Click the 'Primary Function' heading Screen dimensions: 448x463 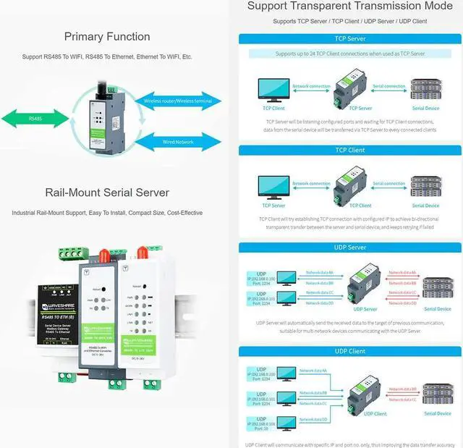pos(107,37)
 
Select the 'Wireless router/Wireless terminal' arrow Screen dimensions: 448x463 pos(177,102)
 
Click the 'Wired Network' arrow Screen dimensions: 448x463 pos(177,142)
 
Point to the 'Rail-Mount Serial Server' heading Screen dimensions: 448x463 pos(107,193)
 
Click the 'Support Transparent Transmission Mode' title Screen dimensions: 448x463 pos(350,7)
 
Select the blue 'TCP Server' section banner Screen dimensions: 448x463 pos(350,39)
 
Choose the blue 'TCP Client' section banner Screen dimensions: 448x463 pos(350,150)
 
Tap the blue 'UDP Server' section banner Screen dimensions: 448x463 pos(350,248)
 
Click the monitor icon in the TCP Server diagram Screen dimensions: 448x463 pos(273,90)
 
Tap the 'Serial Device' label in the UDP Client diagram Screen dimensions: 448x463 pos(437,414)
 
